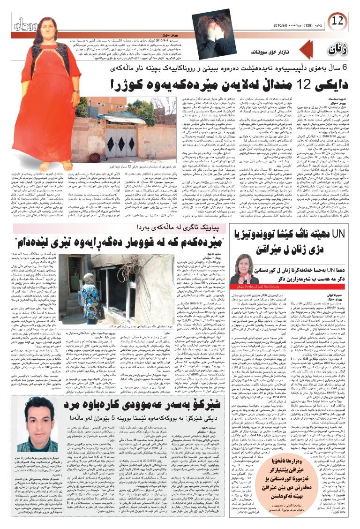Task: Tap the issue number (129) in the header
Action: [x=305, y=24]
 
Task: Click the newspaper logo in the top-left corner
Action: [x=18, y=23]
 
